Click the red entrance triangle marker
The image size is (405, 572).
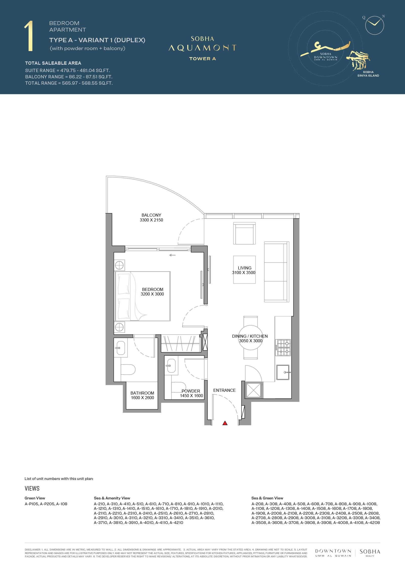coord(225,423)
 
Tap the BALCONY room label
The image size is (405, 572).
coord(151,215)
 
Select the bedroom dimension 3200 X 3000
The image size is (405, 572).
coord(152,294)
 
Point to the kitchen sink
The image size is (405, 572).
coord(283,372)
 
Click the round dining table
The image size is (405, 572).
coord(251,337)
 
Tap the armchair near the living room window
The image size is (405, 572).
coord(244,233)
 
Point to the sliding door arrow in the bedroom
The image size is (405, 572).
coord(172,255)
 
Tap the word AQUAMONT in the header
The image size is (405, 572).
coord(202,48)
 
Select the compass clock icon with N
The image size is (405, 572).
coord(375,25)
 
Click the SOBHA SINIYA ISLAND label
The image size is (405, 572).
coord(368,74)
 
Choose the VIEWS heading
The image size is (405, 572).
coord(32,488)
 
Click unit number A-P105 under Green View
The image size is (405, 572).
coord(32,504)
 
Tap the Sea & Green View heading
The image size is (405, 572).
coord(267,498)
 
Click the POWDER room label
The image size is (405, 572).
coord(191,391)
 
